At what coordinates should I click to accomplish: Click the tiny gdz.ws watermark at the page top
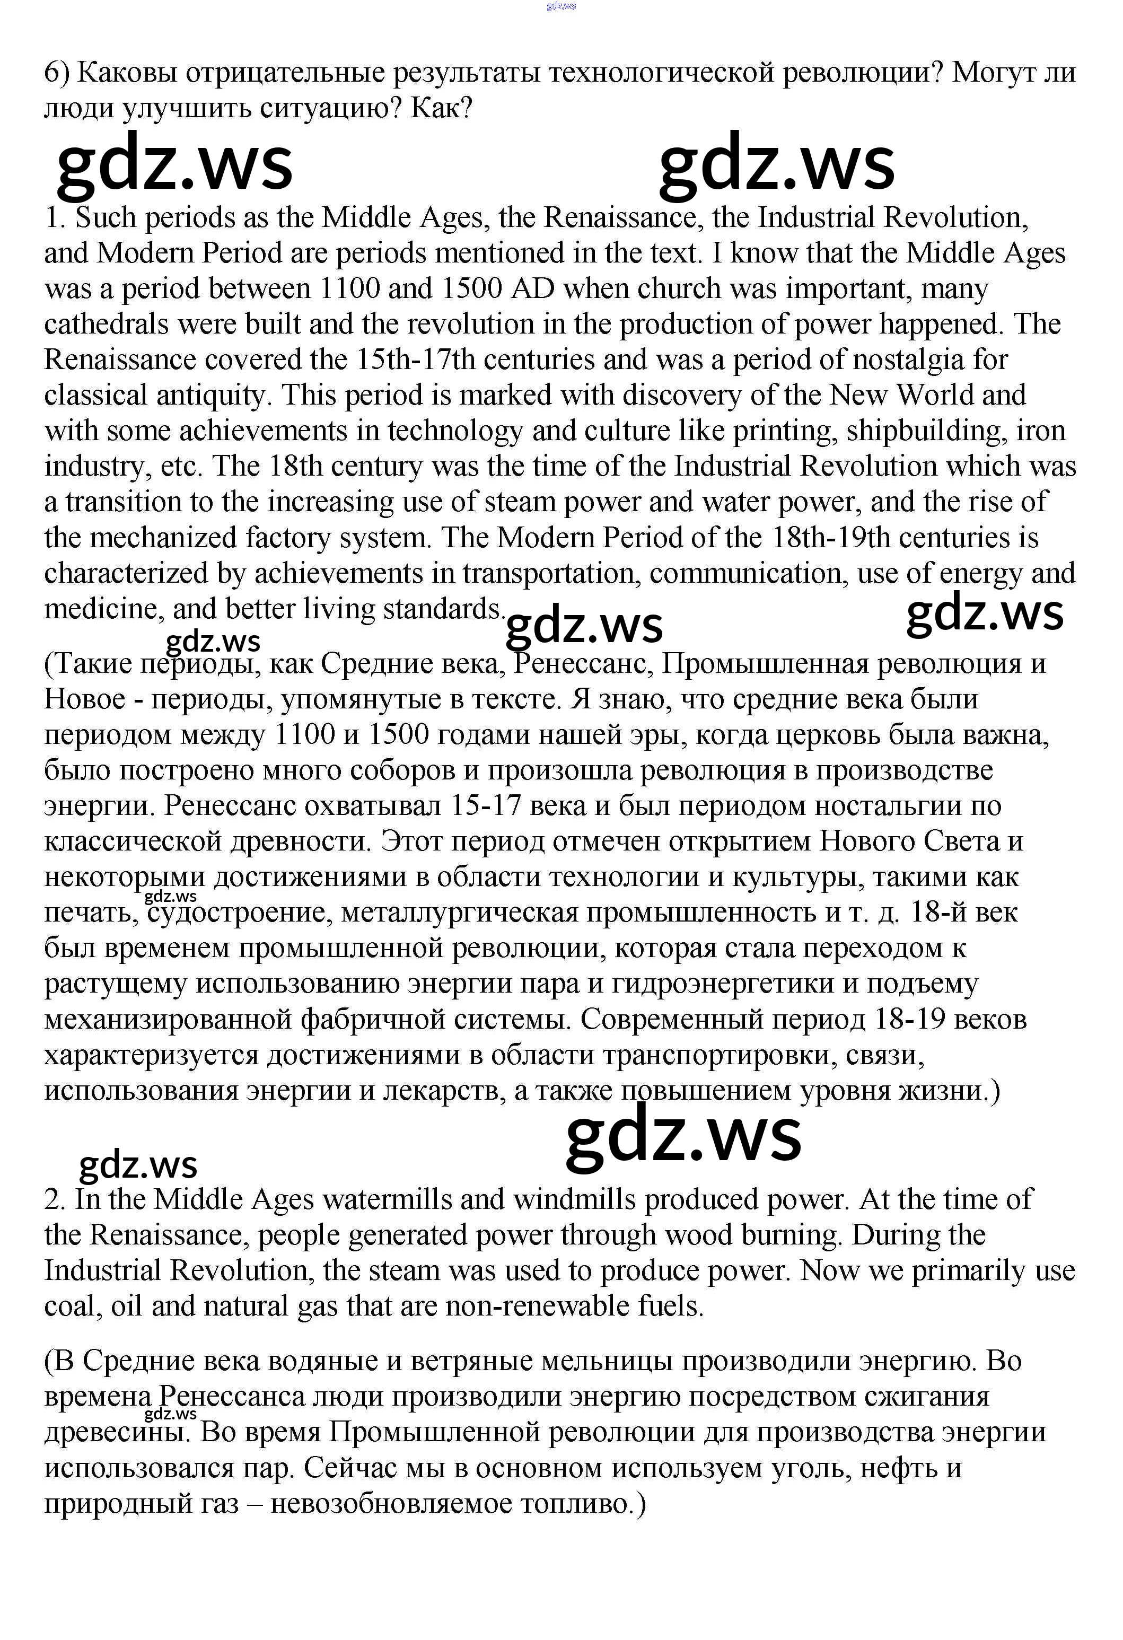tap(561, 6)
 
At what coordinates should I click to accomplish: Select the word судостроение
tap(240, 913)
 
